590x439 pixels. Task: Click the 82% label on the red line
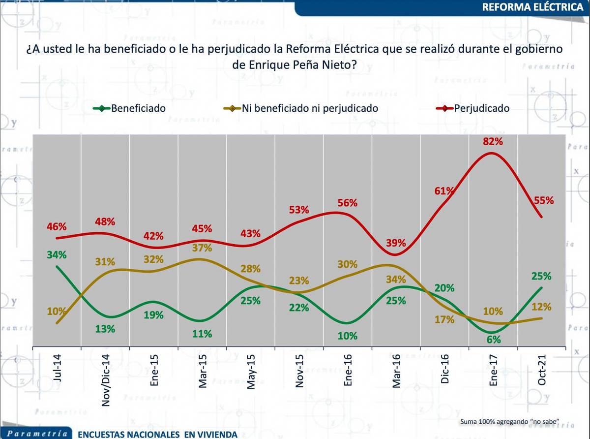493,142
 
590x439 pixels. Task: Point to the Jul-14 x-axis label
58,368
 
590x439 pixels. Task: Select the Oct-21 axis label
542,369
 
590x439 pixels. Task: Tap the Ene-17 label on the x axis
494,369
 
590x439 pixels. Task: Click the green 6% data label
494,340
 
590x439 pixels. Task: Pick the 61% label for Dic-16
444,190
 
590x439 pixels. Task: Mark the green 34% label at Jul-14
58,255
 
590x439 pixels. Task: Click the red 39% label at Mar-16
396,243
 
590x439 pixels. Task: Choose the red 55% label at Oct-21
544,200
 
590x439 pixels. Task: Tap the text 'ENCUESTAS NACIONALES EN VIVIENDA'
157,434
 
